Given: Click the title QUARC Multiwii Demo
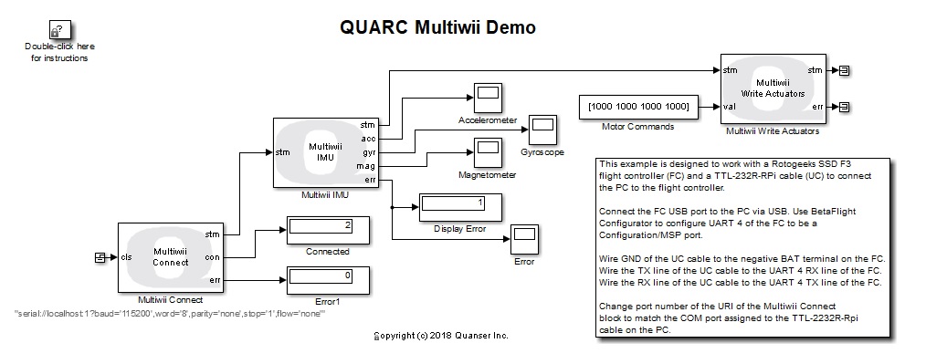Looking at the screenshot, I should [x=437, y=27].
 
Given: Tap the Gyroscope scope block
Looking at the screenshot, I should [x=543, y=127].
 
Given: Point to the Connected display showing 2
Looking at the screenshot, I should [x=327, y=229].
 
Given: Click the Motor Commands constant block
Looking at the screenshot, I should [x=638, y=106].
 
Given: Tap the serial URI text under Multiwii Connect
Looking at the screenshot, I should [x=170, y=313].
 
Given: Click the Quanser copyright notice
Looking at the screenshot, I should [x=442, y=336].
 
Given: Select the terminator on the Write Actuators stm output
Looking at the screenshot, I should [x=846, y=69].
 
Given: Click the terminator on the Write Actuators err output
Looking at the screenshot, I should [x=846, y=106].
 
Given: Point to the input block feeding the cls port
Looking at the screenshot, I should [x=100, y=257].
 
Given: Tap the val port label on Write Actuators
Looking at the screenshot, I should [x=729, y=106].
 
